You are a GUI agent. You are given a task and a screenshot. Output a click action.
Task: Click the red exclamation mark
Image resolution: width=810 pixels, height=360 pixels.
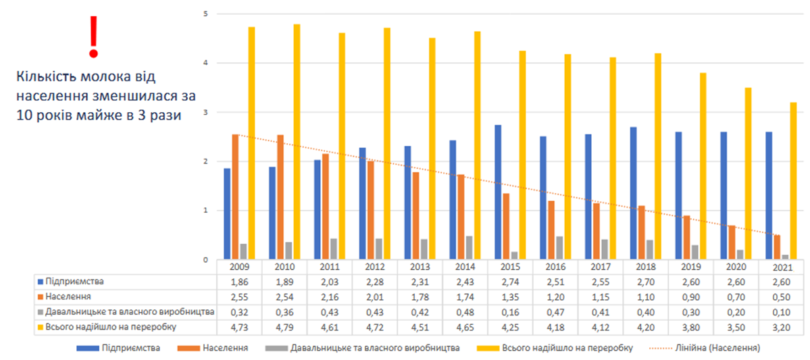[93, 36]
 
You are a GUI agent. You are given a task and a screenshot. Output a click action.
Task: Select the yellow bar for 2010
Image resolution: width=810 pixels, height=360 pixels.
[297, 142]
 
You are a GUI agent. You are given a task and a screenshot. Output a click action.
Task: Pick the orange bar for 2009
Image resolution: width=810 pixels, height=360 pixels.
[235, 197]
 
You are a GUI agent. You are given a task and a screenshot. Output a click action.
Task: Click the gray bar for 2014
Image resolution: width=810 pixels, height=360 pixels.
[468, 247]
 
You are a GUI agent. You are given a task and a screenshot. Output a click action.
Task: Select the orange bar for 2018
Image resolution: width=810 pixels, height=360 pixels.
[640, 232]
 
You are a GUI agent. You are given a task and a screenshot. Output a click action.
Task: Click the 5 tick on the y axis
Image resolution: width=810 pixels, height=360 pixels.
[205, 14]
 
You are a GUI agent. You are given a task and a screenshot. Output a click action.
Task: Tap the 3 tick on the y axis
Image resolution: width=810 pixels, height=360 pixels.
[205, 113]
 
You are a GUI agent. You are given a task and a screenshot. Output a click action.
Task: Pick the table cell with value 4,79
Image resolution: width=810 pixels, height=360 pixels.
[286, 328]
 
